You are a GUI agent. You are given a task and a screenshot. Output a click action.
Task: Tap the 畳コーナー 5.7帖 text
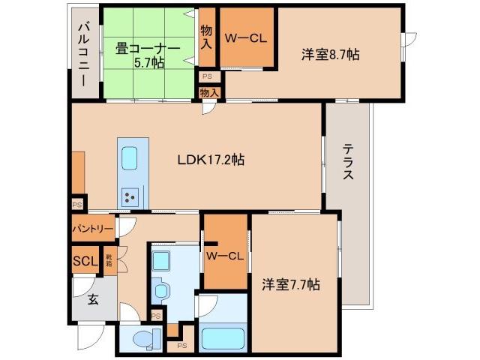click(x=148, y=55)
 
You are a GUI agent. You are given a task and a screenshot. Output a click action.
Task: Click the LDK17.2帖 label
click(x=211, y=159)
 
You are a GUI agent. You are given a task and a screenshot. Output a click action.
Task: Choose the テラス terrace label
click(x=347, y=163)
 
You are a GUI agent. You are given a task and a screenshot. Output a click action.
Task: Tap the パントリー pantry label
click(x=93, y=228)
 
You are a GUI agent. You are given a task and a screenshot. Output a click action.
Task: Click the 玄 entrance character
click(x=93, y=300)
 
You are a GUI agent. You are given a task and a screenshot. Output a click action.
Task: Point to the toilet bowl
click(x=141, y=339)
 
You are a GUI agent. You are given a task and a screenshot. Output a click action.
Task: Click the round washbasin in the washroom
click(x=160, y=289)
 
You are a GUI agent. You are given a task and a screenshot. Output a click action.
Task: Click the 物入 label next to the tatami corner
click(x=207, y=37)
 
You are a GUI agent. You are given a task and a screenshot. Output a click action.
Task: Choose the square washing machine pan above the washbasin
click(x=160, y=259)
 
